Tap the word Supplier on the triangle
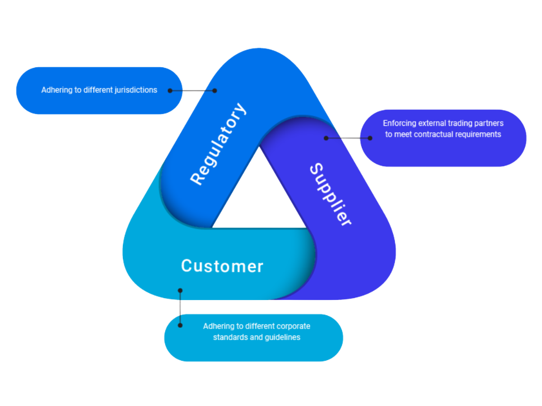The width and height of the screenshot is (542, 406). click(x=330, y=195)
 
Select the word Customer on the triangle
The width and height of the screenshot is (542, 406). click(x=222, y=266)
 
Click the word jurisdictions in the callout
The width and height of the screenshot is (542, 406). click(x=133, y=90)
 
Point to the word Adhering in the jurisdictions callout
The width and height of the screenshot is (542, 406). click(x=56, y=90)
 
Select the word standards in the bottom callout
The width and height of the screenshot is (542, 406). click(x=229, y=337)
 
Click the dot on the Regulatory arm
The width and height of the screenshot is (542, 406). click(x=215, y=91)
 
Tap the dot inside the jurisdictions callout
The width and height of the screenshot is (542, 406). click(x=170, y=91)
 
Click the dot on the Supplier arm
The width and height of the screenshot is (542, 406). click(x=326, y=138)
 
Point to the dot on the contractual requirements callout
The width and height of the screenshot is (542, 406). click(x=370, y=138)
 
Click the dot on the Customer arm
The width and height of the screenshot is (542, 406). click(x=180, y=291)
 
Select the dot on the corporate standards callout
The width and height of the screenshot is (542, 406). click(x=180, y=325)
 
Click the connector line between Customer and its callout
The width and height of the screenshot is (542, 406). click(x=180, y=308)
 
